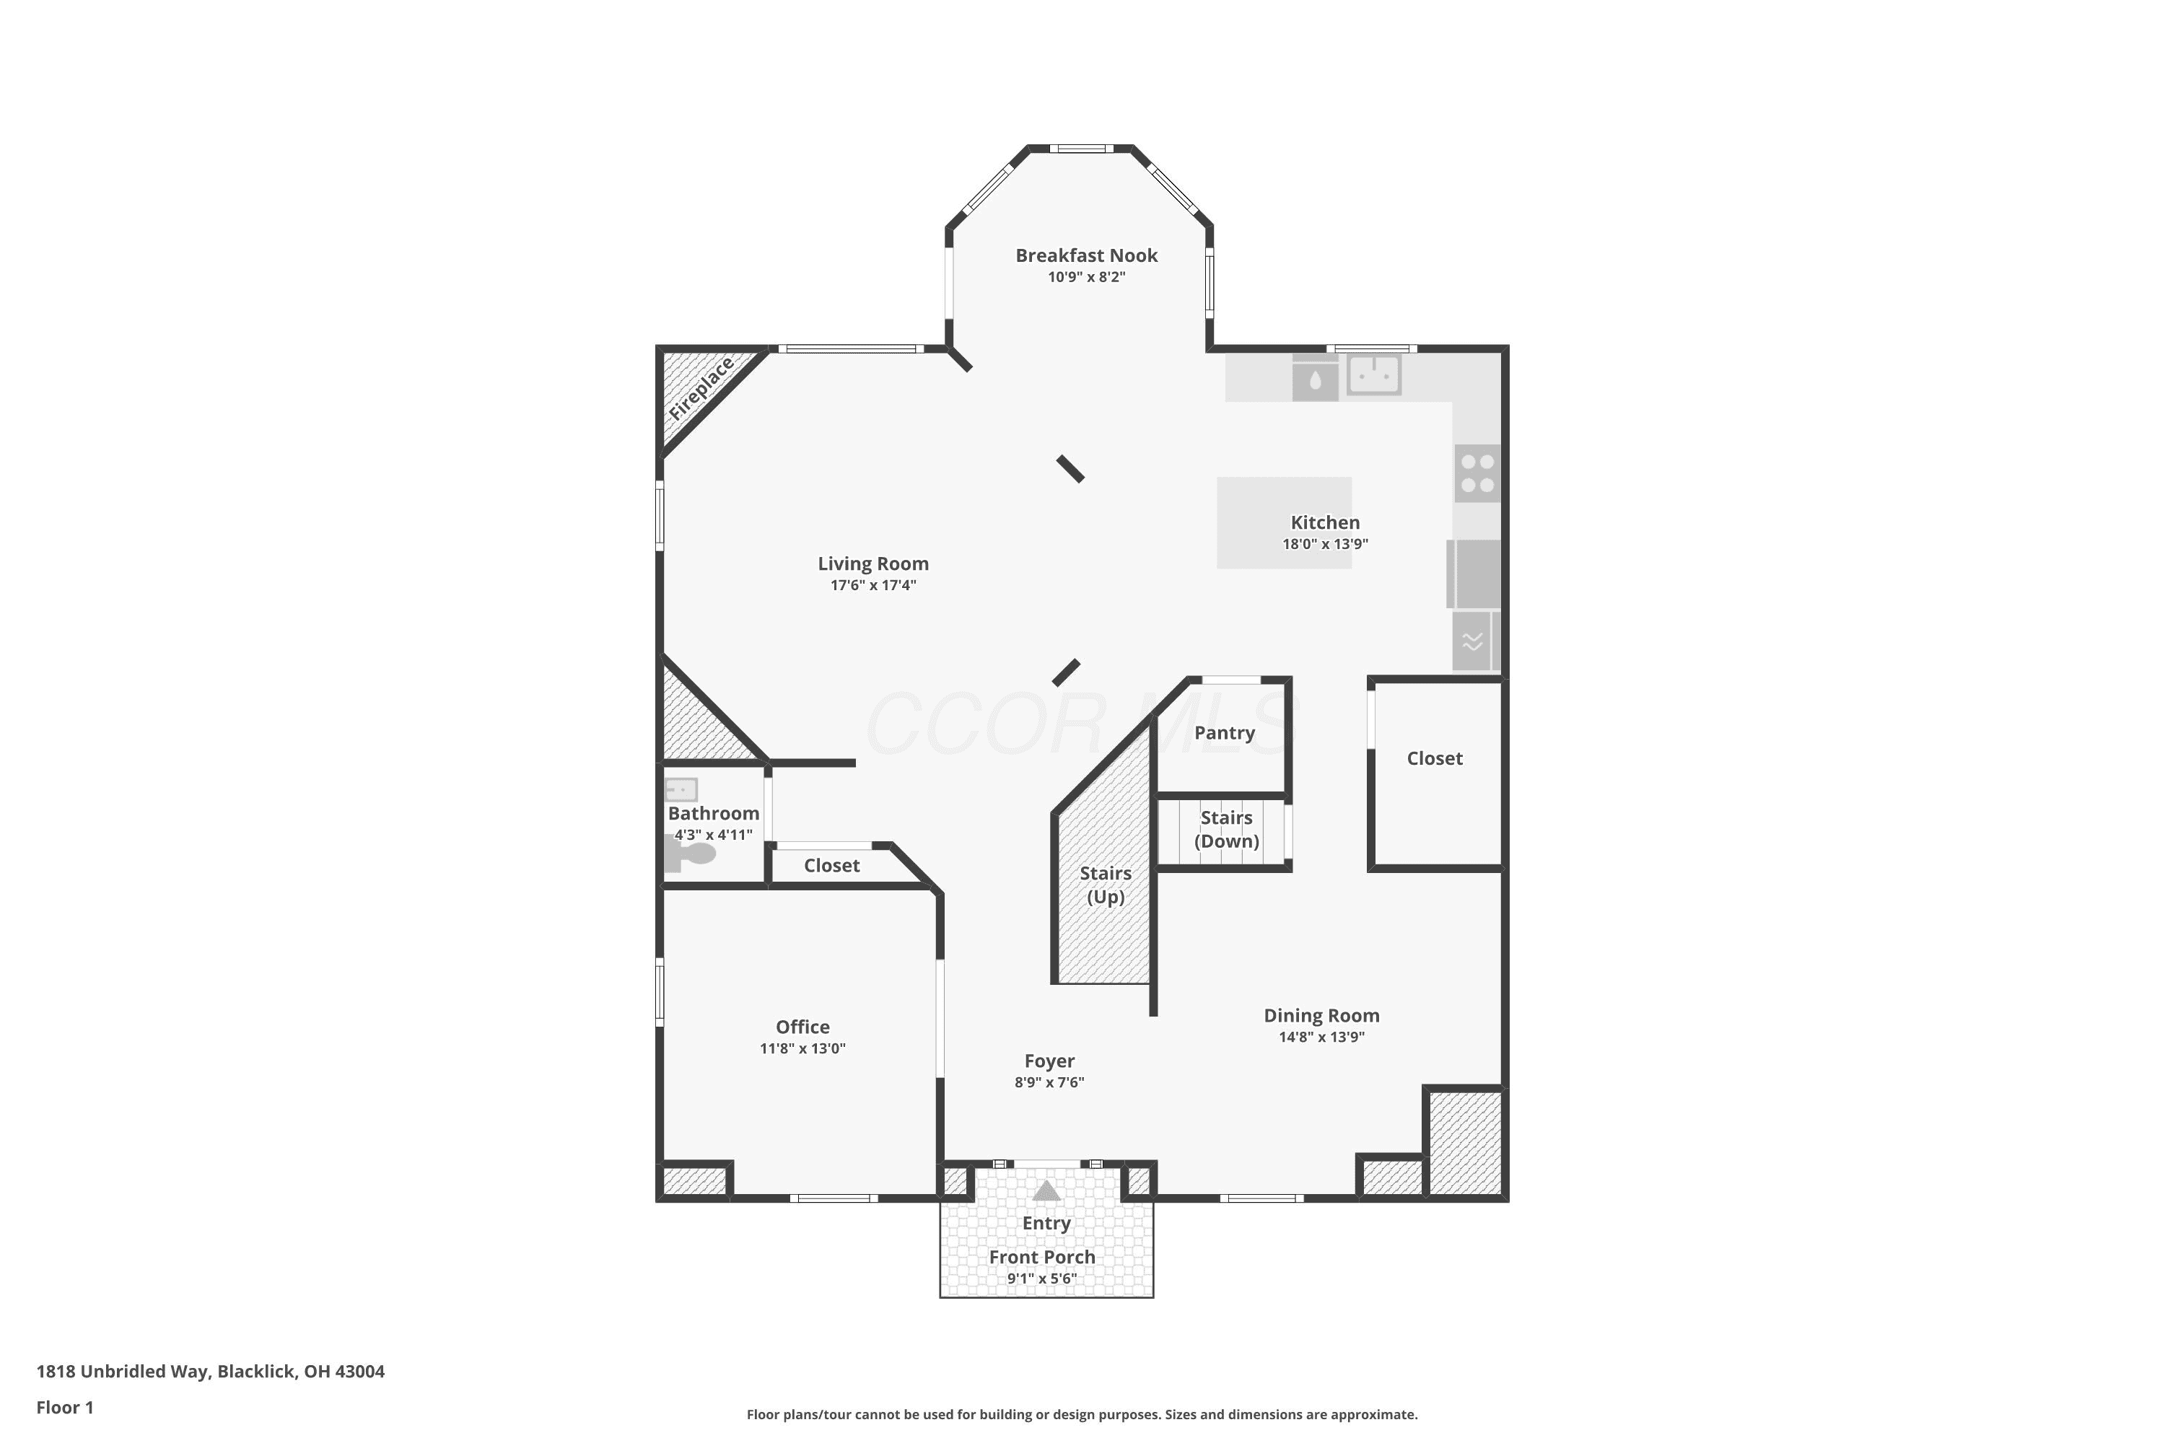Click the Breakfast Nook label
tap(1086, 256)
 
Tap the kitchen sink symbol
tap(1373, 374)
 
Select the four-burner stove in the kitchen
tap(1477, 473)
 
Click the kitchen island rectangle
tap(1284, 522)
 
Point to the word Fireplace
tap(701, 388)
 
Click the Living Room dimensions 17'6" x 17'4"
tap(872, 585)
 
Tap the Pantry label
tap(1224, 732)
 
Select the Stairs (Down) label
tap(1226, 829)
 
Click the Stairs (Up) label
tap(1106, 885)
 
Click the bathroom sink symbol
tap(681, 789)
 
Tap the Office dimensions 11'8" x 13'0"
tap(802, 1048)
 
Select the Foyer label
tap(1049, 1061)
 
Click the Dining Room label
tap(1321, 1015)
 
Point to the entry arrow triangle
tap(1046, 1191)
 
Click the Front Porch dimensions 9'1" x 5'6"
tap(1042, 1278)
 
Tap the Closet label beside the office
tap(831, 865)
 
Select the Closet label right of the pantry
tap(1434, 758)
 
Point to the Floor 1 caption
tap(64, 1407)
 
